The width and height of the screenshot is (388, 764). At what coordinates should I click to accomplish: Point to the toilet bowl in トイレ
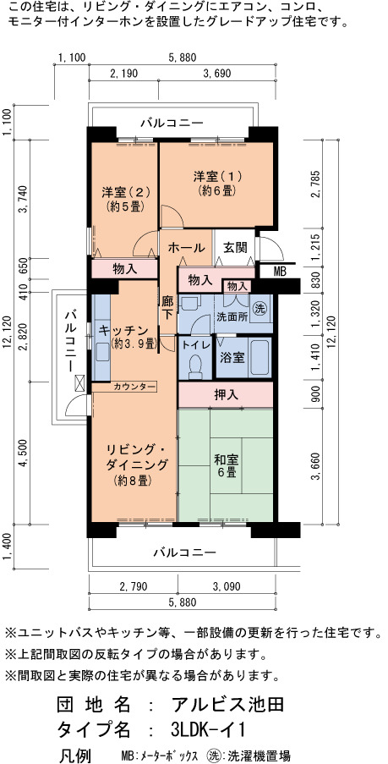pos(196,366)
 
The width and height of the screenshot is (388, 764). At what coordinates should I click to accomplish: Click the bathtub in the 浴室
pos(259,357)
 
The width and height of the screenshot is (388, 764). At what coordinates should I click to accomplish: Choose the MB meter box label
pos(280,272)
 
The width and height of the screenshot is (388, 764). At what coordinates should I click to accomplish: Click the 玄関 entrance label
pos(236,248)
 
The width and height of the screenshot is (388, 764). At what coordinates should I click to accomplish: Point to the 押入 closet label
pos(227,395)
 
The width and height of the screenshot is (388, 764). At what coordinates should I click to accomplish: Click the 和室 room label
pos(227,459)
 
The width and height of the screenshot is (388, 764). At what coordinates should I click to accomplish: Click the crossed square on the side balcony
pos(79,383)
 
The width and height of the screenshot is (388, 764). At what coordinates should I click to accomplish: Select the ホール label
pos(186,248)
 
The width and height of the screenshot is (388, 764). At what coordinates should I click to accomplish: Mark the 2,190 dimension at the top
pos(124,74)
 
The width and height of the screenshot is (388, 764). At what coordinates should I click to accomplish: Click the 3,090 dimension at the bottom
pos(227,586)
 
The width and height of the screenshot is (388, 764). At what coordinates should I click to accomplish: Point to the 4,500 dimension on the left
pos(23,454)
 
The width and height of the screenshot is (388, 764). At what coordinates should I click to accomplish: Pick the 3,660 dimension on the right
pos(315,467)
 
